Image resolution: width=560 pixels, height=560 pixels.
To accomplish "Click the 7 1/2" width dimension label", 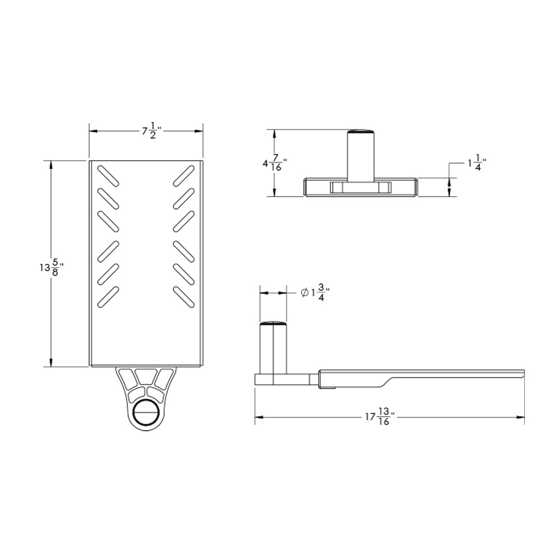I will (151, 132).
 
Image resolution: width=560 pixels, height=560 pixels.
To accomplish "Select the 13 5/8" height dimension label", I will (50, 268).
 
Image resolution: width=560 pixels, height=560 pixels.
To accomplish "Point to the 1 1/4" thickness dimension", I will (477, 164).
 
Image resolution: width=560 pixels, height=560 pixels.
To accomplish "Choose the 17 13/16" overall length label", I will (380, 417).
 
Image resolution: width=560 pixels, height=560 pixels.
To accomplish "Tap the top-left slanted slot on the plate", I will (108, 175).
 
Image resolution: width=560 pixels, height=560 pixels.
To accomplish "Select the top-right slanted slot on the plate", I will (183, 175).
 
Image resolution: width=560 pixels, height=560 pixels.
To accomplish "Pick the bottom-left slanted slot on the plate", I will (108, 296).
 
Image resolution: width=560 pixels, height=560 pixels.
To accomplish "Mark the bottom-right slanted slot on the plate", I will (183, 296).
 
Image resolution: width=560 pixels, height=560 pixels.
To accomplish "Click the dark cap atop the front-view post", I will (361, 132).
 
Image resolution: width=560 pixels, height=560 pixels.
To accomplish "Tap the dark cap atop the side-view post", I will (273, 323).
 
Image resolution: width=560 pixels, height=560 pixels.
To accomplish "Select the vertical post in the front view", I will (361, 157).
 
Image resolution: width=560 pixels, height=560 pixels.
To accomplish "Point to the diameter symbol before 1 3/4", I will (303, 292).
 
